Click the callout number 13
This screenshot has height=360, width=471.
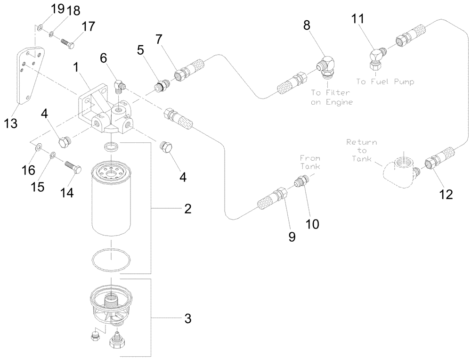coord(10,123)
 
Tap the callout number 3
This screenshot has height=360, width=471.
coord(187,319)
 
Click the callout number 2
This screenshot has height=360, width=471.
coord(187,209)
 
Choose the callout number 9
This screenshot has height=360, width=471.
coord(292,237)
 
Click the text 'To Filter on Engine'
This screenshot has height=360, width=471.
coord(331,98)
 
